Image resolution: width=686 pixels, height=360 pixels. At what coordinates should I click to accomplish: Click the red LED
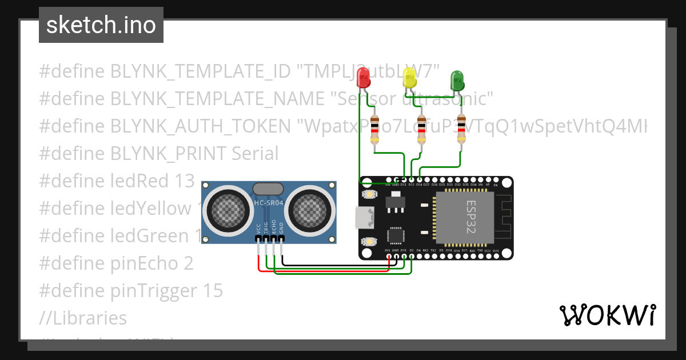click(363, 77)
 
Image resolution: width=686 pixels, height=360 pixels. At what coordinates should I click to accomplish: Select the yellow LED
click(409, 77)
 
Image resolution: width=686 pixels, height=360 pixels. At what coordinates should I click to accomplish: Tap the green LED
click(457, 80)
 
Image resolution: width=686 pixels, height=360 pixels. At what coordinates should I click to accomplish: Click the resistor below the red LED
click(375, 130)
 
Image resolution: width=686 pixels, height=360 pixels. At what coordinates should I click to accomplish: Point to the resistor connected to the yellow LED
click(422, 130)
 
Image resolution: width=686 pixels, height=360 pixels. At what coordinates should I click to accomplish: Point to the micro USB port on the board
click(362, 217)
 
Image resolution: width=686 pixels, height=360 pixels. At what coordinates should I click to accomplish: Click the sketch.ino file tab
click(101, 25)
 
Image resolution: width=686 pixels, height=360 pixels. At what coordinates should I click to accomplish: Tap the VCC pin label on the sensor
click(259, 228)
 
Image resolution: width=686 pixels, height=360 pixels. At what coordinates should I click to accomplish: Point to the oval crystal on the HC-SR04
click(268, 189)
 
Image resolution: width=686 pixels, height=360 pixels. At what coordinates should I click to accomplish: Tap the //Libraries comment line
click(83, 318)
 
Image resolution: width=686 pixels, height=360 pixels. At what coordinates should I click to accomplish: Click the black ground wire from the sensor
click(337, 265)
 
